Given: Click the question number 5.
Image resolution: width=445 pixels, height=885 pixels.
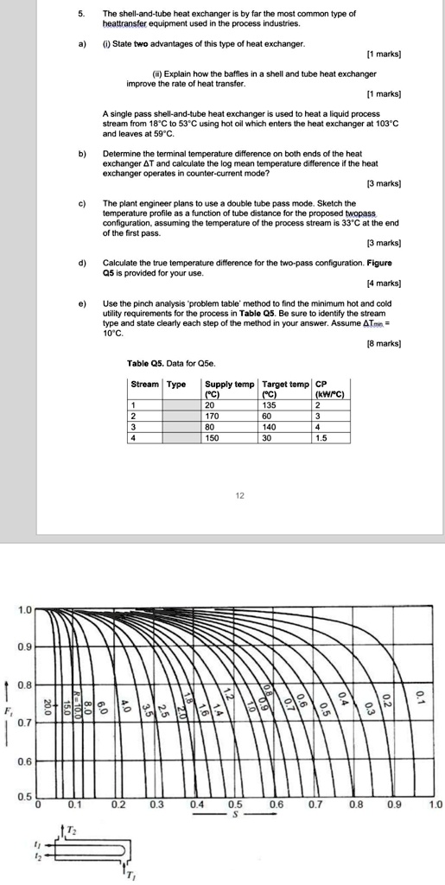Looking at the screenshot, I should click(82, 15).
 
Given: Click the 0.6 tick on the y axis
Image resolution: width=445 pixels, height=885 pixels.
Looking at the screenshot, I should click(24, 761).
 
